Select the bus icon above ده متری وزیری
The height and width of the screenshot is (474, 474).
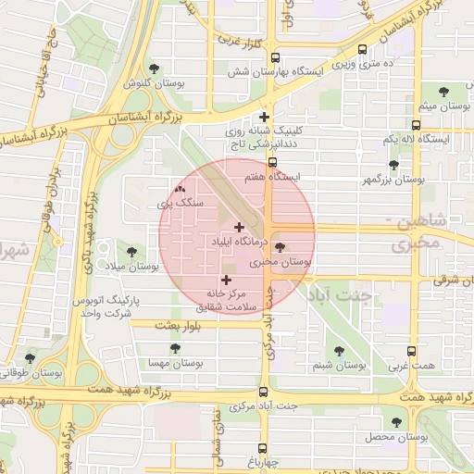[361, 49]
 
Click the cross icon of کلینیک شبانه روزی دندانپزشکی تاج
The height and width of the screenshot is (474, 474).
[265, 117]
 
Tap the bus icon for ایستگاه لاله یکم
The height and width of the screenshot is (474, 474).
[416, 124]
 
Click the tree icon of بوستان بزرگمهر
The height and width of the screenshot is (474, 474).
[393, 165]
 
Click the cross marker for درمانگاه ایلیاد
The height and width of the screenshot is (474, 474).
[240, 227]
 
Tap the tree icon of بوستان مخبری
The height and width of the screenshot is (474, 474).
[280, 248]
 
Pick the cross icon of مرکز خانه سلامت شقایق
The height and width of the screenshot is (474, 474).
[226, 279]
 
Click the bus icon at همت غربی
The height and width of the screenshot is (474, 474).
[413, 352]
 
